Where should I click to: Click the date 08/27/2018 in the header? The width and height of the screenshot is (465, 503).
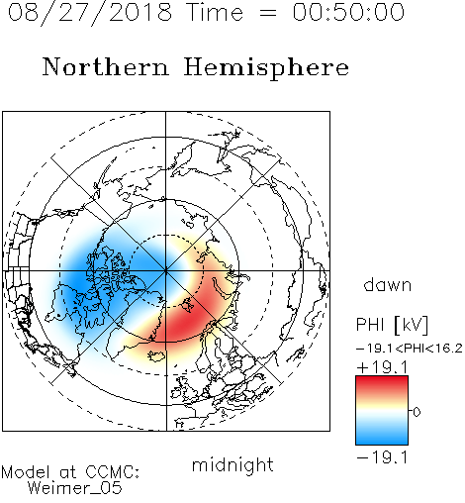click(x=90, y=13)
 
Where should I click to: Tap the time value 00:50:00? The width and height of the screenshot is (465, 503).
click(x=348, y=12)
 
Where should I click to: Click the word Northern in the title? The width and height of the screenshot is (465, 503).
click(x=106, y=67)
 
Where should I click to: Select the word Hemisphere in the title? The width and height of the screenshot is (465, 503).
click(x=266, y=68)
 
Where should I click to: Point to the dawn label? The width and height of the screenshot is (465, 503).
click(x=388, y=285)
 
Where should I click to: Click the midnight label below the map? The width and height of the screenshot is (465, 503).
click(x=232, y=465)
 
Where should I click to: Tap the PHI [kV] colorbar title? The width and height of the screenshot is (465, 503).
click(x=392, y=325)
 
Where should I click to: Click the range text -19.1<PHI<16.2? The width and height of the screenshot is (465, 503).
click(x=410, y=349)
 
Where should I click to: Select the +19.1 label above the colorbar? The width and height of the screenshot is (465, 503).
click(x=382, y=367)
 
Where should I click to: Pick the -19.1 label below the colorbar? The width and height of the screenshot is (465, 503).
click(x=382, y=457)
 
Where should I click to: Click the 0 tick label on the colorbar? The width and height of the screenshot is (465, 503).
click(x=417, y=412)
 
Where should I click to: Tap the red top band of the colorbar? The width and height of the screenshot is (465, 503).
click(x=382, y=383)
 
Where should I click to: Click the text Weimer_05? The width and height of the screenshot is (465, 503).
click(x=75, y=488)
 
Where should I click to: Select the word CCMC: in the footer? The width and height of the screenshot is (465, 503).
click(x=112, y=472)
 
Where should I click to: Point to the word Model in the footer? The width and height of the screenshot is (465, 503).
click(x=26, y=472)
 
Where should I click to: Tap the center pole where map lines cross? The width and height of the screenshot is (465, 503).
click(x=166, y=271)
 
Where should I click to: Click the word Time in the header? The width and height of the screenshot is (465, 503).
click(x=215, y=12)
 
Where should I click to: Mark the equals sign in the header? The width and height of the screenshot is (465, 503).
click(x=268, y=13)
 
